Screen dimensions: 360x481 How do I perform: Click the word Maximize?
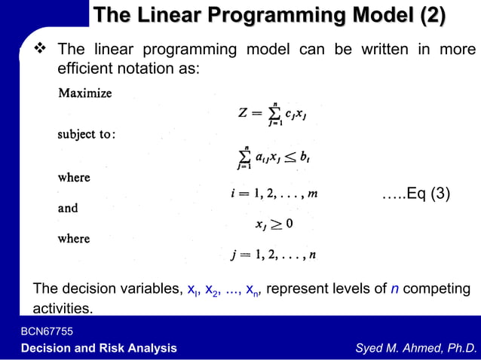(x=85, y=93)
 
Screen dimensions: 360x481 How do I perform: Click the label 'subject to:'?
(x=87, y=135)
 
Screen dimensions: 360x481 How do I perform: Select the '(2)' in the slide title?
(x=423, y=15)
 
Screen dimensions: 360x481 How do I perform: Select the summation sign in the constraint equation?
(x=243, y=157)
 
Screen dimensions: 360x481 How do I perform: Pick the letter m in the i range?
(x=312, y=194)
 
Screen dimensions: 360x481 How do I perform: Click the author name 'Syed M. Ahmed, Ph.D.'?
(x=416, y=347)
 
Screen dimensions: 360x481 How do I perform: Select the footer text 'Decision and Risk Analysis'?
(x=99, y=347)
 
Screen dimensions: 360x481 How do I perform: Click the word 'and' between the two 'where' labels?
(x=68, y=208)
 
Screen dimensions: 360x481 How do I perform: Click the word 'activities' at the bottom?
(x=62, y=308)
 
